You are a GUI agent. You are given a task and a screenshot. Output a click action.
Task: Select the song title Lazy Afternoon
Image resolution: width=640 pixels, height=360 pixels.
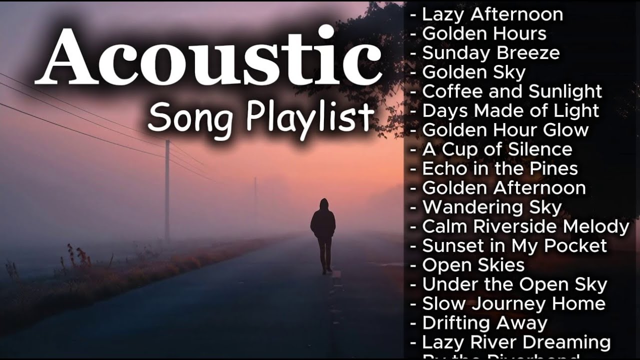492,14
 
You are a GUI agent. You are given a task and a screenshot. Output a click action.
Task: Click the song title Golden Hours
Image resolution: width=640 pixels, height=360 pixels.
484,33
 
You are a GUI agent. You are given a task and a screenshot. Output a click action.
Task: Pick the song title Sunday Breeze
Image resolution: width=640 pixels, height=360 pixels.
490,53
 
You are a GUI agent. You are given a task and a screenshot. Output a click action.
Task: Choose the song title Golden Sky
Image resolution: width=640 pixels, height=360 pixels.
473,72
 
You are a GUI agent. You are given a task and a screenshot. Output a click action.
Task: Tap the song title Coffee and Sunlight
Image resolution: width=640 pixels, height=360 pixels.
512,91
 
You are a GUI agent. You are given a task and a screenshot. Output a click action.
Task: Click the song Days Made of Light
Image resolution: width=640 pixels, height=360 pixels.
510,110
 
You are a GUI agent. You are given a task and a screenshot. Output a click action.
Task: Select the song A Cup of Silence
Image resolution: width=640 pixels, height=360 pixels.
497,149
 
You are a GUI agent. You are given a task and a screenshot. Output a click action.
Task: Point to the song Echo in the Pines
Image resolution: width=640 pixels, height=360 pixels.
500,168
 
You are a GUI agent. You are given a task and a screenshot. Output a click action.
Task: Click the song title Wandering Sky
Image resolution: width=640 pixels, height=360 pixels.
492,207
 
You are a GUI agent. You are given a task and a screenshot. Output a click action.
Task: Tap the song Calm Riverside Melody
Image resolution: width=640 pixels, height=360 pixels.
525,226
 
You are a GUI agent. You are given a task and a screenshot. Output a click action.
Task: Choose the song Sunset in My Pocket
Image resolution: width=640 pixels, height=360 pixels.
514,245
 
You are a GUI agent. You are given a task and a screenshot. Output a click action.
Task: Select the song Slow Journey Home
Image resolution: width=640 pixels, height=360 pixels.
513,303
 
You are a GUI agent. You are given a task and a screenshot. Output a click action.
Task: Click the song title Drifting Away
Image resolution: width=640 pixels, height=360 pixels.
484,323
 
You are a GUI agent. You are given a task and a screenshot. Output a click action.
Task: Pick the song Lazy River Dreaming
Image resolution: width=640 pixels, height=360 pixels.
516,342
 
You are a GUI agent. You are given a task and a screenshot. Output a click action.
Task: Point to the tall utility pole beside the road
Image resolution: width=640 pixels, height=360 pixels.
167,190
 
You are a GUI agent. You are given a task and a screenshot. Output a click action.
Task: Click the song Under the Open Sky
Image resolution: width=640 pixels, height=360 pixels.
514,284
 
